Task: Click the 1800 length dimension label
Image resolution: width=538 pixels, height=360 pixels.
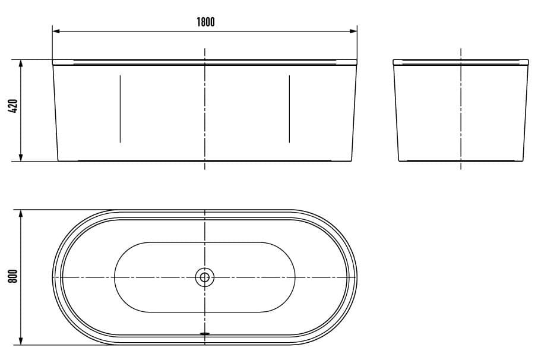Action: (x=205, y=22)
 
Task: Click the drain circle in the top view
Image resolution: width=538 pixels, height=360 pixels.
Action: (x=205, y=276)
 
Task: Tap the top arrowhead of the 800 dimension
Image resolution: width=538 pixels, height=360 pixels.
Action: (x=21, y=213)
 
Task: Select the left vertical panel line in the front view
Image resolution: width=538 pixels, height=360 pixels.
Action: (x=120, y=109)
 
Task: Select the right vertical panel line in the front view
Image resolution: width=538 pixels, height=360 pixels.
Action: (x=289, y=109)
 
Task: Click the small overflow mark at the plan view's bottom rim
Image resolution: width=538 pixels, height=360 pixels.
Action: (x=205, y=333)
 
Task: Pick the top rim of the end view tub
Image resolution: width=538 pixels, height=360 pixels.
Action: (x=461, y=61)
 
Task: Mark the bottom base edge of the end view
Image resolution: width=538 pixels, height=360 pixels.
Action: (x=461, y=161)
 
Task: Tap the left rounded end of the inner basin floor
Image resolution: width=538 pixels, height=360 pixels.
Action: (x=115, y=276)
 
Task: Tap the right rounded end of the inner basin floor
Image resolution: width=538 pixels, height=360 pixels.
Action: (x=295, y=276)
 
